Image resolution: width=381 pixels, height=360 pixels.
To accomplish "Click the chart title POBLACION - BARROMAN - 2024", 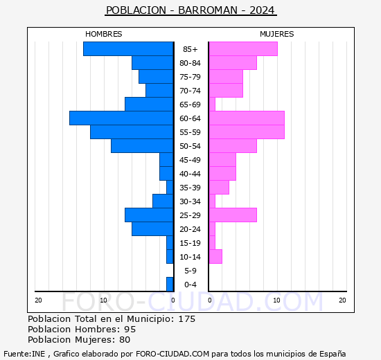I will (190, 10).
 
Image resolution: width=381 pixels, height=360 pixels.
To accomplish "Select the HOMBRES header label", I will (103, 34).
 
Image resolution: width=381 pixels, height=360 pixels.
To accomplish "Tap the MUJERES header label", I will (276, 34).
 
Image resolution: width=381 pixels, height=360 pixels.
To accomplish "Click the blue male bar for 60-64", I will (121, 118).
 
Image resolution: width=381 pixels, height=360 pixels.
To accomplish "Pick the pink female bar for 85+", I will (242, 49).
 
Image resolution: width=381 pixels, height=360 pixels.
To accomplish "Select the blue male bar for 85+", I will (128, 49).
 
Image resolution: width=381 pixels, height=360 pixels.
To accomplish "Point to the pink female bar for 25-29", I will (232, 215).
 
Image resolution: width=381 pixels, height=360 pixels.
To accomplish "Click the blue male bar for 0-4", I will (170, 285).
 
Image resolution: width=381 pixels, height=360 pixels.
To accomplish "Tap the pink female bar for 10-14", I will (215, 257).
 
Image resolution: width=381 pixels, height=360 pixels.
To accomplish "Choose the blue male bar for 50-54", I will (142, 146).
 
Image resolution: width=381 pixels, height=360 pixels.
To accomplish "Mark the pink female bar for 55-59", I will (246, 132).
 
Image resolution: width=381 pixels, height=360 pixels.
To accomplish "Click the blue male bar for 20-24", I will (152, 229).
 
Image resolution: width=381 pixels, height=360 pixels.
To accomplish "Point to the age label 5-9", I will (190, 271).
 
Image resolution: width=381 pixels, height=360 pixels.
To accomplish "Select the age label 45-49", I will (190, 160).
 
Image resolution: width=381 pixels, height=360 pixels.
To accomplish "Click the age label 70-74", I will (190, 91).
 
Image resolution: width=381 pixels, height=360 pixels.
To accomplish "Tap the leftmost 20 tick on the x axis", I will (39, 300).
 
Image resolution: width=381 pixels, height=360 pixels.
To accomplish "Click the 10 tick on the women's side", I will (276, 300).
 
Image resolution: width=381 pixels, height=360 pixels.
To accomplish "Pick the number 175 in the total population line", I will (186, 319).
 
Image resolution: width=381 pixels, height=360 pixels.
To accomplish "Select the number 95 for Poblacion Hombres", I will (130, 330).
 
